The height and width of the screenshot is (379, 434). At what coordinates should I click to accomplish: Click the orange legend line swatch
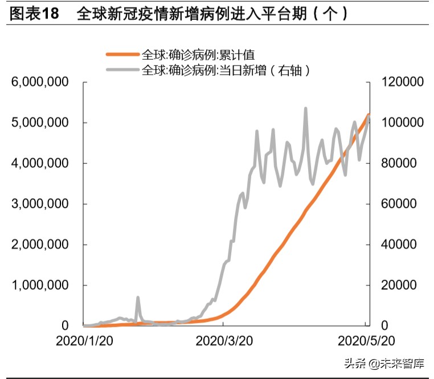pos(122,55)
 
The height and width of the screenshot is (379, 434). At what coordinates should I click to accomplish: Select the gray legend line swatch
pos(122,71)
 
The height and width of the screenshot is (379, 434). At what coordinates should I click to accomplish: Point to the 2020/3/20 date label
pos(223,341)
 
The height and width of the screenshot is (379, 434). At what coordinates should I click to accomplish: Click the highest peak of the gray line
pos(306,108)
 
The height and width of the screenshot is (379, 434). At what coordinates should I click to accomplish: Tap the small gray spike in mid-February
pos(138,298)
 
